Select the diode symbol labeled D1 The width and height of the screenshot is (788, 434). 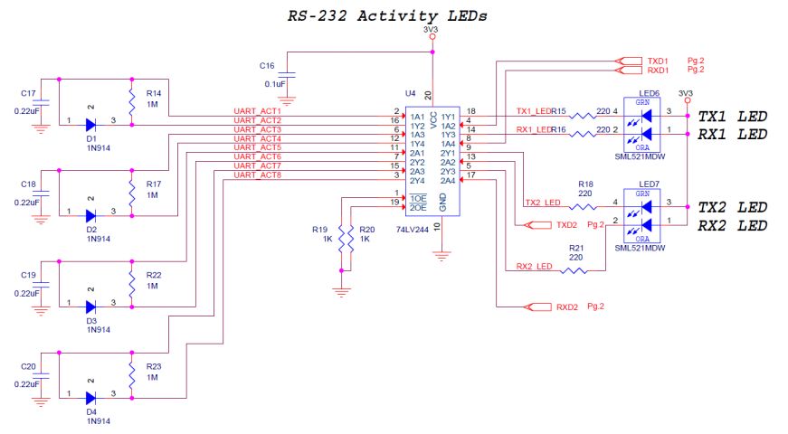click(91, 126)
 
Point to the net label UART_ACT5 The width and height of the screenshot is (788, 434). click(257, 147)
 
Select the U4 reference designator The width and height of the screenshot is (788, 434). click(409, 94)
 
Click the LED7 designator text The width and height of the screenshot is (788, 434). click(649, 184)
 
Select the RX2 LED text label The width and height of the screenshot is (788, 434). click(732, 225)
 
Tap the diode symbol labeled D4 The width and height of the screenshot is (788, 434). click(91, 397)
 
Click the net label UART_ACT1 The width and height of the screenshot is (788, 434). click(257, 111)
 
